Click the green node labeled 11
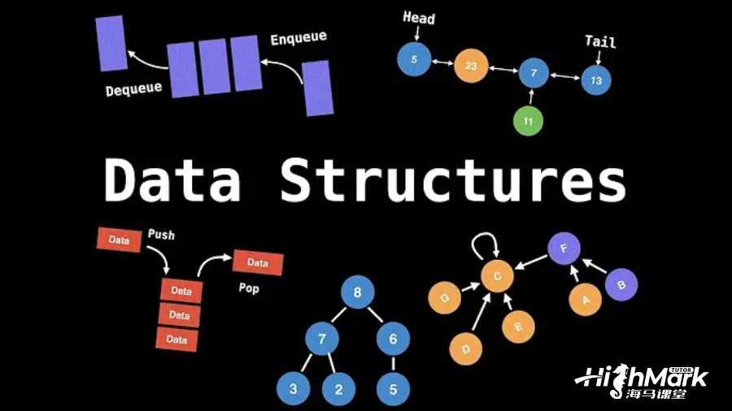[x=528, y=121]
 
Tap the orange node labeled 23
[x=471, y=66]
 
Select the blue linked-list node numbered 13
[x=596, y=80]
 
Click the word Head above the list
[x=419, y=18]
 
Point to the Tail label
[x=600, y=41]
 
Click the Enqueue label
[x=298, y=38]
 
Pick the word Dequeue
[x=133, y=88]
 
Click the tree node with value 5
[x=393, y=389]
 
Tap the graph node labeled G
[x=444, y=298]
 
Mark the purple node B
[x=622, y=284]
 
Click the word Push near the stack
[x=161, y=235]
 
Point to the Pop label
[x=248, y=288]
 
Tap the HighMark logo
[x=642, y=381]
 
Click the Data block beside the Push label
[x=119, y=240]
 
